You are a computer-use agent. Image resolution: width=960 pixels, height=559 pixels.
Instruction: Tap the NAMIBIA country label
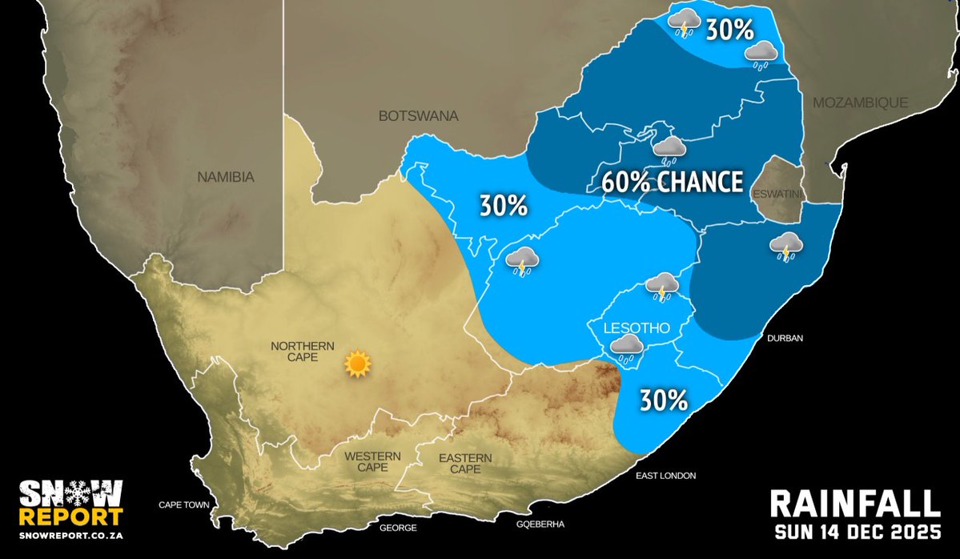click(x=226, y=177)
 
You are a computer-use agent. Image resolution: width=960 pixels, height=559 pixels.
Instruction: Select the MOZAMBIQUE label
click(x=860, y=103)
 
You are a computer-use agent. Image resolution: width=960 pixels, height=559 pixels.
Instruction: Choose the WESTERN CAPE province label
click(x=372, y=461)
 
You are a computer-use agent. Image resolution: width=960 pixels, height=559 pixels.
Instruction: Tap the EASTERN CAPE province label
click(x=465, y=463)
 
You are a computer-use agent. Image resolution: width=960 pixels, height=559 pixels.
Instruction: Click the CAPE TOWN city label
click(x=183, y=505)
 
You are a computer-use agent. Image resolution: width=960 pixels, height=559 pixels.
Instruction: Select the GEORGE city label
click(x=398, y=528)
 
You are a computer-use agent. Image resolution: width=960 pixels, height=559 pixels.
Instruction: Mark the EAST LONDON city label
click(x=666, y=476)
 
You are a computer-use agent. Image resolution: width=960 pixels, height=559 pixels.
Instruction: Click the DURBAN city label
click(x=785, y=339)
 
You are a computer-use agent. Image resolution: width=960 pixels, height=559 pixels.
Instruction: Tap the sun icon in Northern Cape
click(x=357, y=364)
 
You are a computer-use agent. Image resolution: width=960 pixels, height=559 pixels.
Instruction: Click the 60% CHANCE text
click(x=672, y=183)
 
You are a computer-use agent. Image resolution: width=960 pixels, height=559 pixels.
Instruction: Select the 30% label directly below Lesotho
click(x=663, y=400)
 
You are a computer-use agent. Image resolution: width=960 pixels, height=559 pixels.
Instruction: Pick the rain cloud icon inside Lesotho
click(x=626, y=346)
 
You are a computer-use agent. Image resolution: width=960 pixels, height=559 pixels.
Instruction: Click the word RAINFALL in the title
click(x=854, y=504)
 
